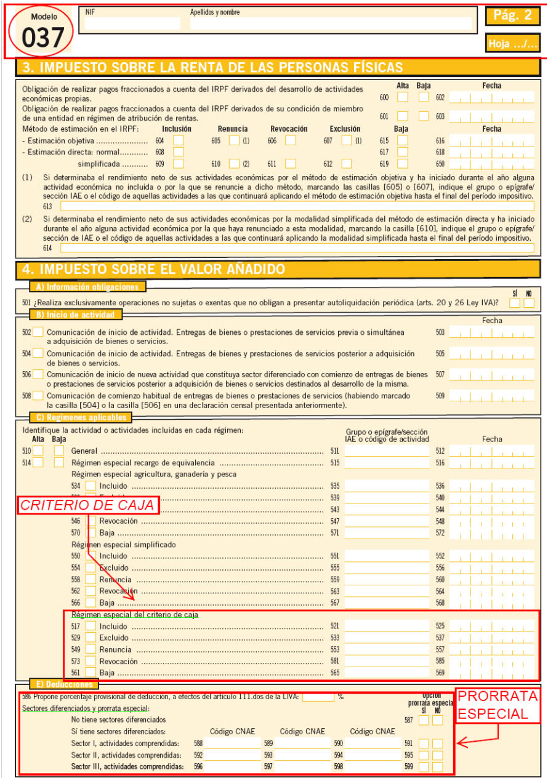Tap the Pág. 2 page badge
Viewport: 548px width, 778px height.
[512, 16]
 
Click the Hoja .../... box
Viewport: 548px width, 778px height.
[512, 43]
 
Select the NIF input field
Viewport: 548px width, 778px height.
[132, 24]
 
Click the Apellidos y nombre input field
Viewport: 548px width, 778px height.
[331, 24]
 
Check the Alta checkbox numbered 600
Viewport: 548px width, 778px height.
[402, 97]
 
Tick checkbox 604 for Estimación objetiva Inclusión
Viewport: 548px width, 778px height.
[179, 140]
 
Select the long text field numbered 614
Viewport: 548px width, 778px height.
[297, 247]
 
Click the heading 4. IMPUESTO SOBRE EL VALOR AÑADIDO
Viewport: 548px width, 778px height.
[154, 269]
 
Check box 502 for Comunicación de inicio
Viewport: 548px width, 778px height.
[38, 332]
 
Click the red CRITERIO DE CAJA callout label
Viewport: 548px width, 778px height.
[87, 505]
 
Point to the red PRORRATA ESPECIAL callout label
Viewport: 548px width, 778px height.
[498, 705]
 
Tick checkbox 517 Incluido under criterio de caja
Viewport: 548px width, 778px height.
[91, 626]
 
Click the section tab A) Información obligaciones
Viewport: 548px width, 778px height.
[87, 286]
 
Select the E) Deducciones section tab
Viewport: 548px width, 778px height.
[63, 684]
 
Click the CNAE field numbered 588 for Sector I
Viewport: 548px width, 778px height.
[232, 744]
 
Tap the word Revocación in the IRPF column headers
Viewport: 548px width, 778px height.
[289, 129]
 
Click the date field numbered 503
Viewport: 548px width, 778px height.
[491, 332]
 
